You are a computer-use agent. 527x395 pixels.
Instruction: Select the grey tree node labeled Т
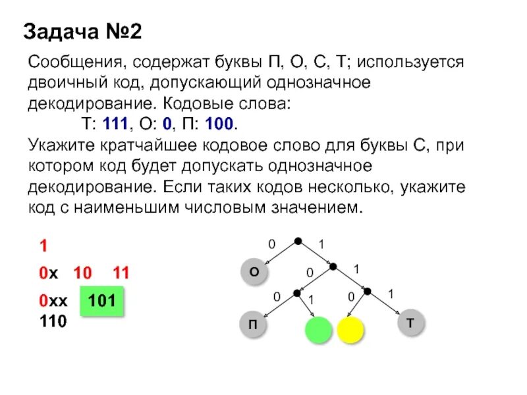pyautogui.click(x=411, y=323)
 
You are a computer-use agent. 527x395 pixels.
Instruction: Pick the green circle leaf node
pyautogui.click(x=319, y=329)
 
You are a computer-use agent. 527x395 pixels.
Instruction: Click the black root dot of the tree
pyautogui.click(x=298, y=241)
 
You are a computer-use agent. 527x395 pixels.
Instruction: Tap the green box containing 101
pyautogui.click(x=101, y=302)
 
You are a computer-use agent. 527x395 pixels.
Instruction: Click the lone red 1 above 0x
pyautogui.click(x=43, y=247)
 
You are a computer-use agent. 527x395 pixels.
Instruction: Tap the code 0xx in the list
pyautogui.click(x=53, y=302)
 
